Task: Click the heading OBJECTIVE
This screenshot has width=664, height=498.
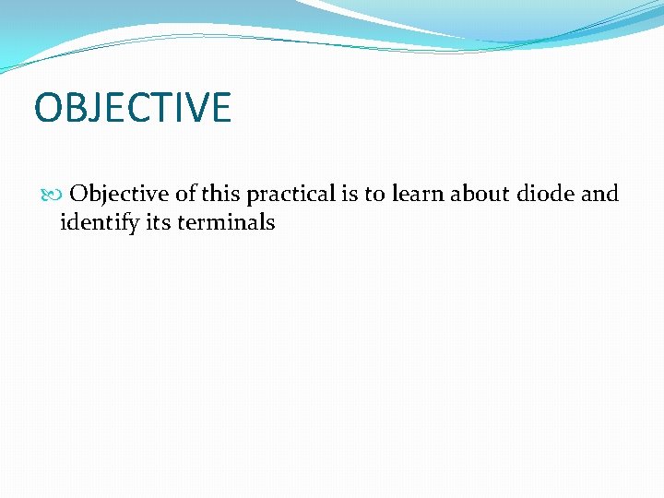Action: click(132, 108)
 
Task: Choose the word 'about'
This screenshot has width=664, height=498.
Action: click(480, 194)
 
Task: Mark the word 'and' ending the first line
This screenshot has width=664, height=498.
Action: click(600, 194)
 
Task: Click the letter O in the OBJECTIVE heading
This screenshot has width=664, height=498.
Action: click(47, 108)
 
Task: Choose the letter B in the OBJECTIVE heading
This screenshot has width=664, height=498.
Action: click(75, 108)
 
